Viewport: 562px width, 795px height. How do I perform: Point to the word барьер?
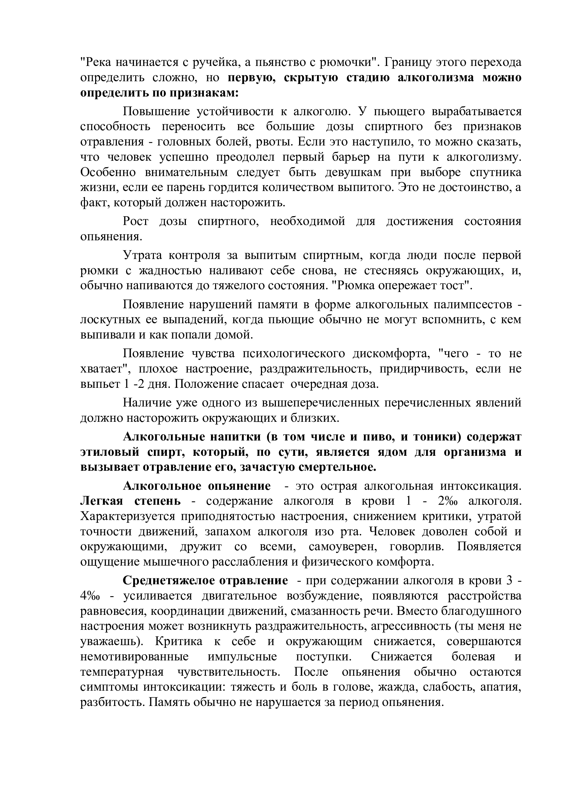pyautogui.click(x=349, y=157)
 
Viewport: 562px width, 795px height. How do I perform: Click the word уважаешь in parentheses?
pyautogui.click(x=109, y=641)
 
